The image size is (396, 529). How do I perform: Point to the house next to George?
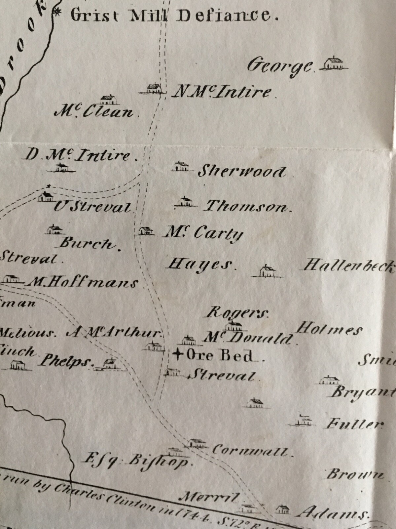pos(334,63)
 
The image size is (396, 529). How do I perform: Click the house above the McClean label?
pos(108,100)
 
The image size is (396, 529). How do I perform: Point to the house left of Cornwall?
pos(198,443)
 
